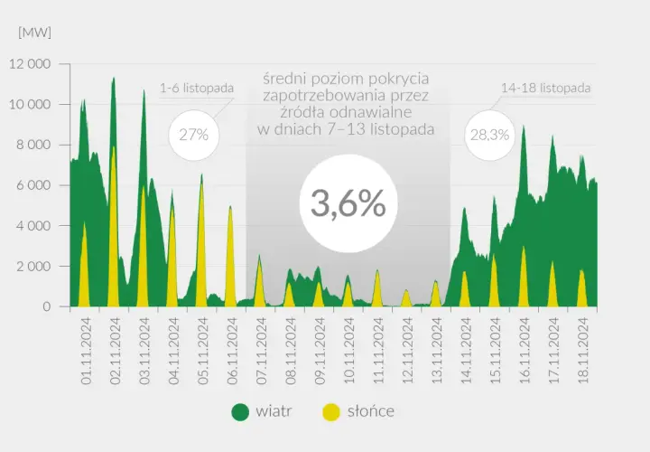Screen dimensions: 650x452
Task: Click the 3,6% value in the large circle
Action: click(x=348, y=203)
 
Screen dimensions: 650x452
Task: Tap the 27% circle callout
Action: click(x=194, y=135)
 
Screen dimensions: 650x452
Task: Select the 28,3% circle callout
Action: click(x=489, y=135)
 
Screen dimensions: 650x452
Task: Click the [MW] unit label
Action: click(x=35, y=33)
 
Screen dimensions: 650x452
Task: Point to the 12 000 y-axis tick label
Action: click(x=30, y=64)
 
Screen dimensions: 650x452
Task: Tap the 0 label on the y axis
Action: click(x=46, y=306)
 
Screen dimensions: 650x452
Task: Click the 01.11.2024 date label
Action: click(x=86, y=351)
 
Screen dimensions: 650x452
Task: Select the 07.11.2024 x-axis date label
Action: click(x=262, y=351)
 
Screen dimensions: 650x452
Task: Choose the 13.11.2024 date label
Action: click(x=437, y=351)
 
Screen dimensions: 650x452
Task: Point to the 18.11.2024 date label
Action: click(x=584, y=351)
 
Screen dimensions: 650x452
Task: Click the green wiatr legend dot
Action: click(x=240, y=411)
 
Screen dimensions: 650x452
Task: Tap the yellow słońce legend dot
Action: click(x=330, y=411)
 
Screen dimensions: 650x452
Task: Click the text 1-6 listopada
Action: click(x=197, y=88)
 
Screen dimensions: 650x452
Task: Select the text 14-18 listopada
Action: click(x=546, y=88)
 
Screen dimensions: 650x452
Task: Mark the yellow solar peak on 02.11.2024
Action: click(x=113, y=147)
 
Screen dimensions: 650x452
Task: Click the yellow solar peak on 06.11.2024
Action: click(x=230, y=207)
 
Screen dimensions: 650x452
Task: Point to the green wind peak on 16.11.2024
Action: click(x=524, y=127)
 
